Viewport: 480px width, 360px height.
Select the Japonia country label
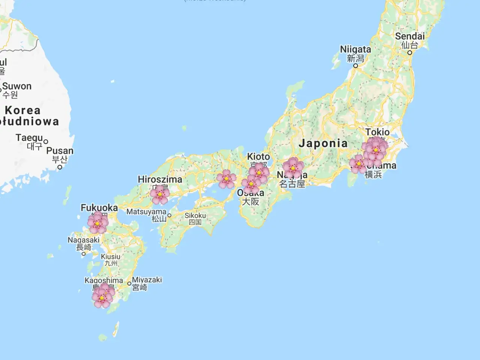[x=323, y=143]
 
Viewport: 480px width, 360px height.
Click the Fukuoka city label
[x=99, y=208]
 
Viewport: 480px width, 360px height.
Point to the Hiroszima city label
[x=160, y=179]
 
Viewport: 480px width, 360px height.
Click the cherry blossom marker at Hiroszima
[x=160, y=194]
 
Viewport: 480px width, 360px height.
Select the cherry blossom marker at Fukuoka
[x=97, y=223]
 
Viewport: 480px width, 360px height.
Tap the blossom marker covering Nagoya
[x=293, y=168]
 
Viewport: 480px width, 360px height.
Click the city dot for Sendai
[x=410, y=52]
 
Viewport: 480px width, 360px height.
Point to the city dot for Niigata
[x=355, y=66]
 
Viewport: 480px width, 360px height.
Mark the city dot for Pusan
[x=60, y=167]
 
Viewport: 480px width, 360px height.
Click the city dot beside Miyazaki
[x=129, y=284]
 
